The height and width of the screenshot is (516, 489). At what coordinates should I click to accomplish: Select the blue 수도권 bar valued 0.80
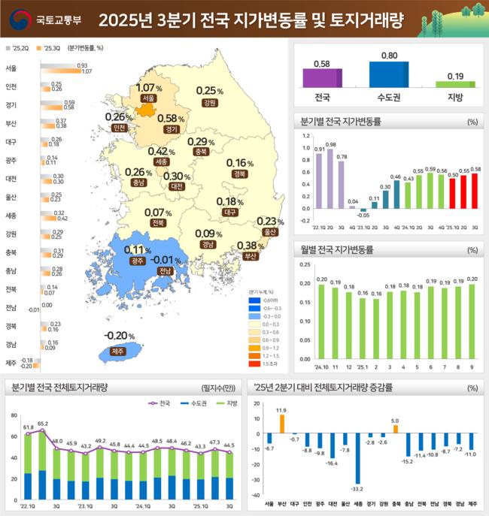(x=388, y=74)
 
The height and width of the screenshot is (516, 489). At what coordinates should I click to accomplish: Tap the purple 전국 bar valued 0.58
(x=322, y=78)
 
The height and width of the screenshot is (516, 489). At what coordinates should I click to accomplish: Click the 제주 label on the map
(x=116, y=351)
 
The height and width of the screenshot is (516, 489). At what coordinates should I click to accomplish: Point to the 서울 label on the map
(x=148, y=98)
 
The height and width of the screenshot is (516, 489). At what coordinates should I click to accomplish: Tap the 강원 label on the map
(x=210, y=102)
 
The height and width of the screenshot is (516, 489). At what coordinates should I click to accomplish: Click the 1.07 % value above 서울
(x=149, y=88)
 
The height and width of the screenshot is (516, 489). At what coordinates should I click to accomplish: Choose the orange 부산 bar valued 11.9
(x=281, y=424)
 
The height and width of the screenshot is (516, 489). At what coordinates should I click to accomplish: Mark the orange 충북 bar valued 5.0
(x=395, y=430)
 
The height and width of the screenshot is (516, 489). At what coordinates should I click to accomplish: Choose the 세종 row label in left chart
(x=11, y=215)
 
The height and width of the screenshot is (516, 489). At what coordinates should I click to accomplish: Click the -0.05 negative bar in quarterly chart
(x=363, y=210)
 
